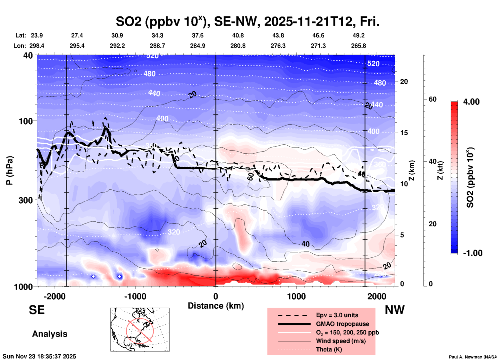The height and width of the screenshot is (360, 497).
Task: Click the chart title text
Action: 247,22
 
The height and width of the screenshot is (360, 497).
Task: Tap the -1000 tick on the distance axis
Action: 135,296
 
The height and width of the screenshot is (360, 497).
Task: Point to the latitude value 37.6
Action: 198,35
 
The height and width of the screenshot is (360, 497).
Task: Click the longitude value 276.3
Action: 278,46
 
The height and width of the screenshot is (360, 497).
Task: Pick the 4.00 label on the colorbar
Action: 471,101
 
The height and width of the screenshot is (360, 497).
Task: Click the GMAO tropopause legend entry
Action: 342,324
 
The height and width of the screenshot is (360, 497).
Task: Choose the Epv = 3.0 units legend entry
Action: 337,315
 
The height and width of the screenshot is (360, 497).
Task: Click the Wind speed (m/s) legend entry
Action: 341,341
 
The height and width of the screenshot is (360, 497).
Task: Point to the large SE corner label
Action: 37,310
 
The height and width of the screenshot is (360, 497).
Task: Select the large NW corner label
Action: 395,310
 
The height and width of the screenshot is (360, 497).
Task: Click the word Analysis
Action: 50,334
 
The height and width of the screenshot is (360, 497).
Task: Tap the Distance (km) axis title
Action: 216,306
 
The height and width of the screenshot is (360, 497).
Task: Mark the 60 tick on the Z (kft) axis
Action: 432,99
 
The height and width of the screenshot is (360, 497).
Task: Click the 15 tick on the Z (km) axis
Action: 404,133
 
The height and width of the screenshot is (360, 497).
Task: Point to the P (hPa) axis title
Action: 10,170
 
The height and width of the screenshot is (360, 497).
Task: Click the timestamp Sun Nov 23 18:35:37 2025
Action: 39,356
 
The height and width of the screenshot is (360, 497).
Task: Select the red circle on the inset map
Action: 140,331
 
